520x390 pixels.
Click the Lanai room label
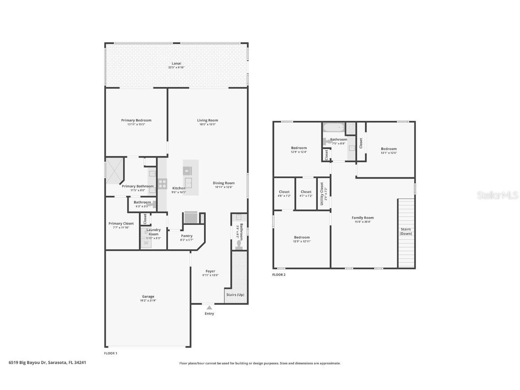click(x=176, y=64)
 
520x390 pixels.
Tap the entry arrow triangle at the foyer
click(x=209, y=308)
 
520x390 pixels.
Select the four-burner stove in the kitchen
click(x=162, y=184)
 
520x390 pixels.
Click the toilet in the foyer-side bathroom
click(x=239, y=245)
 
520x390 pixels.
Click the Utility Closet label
click(x=321, y=194)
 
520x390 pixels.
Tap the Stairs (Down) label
click(x=405, y=232)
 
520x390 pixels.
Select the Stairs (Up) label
click(x=235, y=295)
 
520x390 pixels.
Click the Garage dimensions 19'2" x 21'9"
click(x=148, y=301)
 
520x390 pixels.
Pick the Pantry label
click(x=186, y=236)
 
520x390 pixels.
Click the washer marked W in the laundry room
click(x=146, y=243)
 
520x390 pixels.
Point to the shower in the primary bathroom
click(x=114, y=171)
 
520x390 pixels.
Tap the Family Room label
click(x=362, y=218)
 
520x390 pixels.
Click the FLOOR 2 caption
click(x=279, y=274)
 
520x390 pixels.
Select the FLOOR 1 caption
click(x=111, y=353)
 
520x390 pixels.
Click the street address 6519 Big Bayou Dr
click(x=47, y=362)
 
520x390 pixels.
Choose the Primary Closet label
click(x=121, y=223)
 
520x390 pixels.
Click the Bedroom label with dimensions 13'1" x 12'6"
click(x=389, y=149)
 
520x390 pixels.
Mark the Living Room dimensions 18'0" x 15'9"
click(x=208, y=125)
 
